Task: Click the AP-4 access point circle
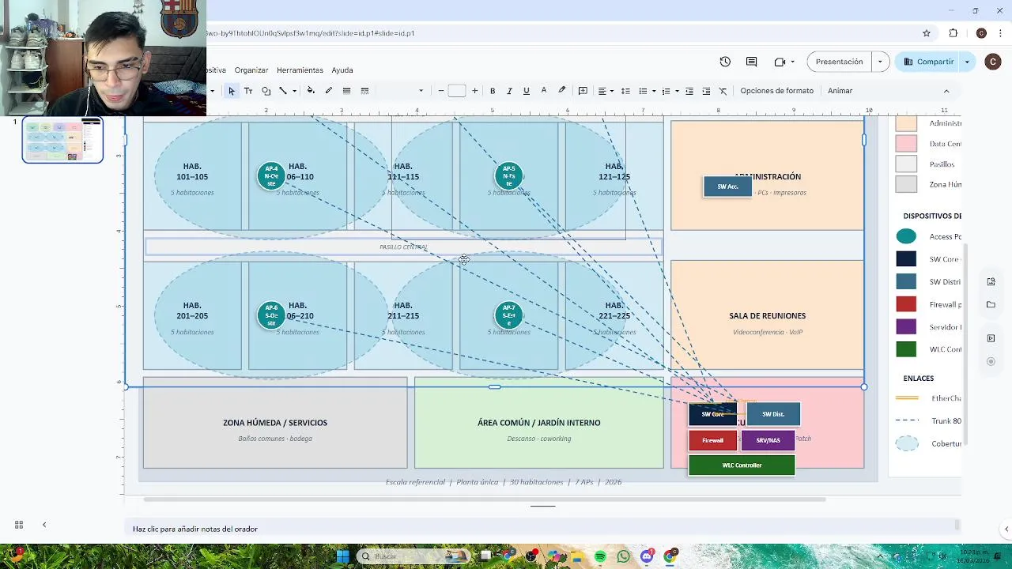click(271, 175)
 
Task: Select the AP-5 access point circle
click(508, 175)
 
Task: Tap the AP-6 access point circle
click(271, 315)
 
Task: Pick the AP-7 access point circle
click(508, 315)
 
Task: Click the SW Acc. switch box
click(727, 187)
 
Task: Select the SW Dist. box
click(773, 414)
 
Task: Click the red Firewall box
click(712, 440)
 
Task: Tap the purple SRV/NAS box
click(768, 440)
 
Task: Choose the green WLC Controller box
click(742, 465)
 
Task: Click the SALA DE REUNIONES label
click(767, 316)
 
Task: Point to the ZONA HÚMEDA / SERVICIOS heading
click(275, 423)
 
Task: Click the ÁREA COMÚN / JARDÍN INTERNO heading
click(538, 423)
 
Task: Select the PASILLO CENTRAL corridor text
click(403, 247)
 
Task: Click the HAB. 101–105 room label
click(192, 171)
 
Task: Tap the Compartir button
click(929, 62)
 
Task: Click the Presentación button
click(839, 62)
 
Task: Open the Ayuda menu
click(342, 70)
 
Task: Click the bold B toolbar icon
click(493, 91)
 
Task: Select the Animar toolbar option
click(840, 91)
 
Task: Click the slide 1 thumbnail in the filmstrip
click(62, 140)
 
